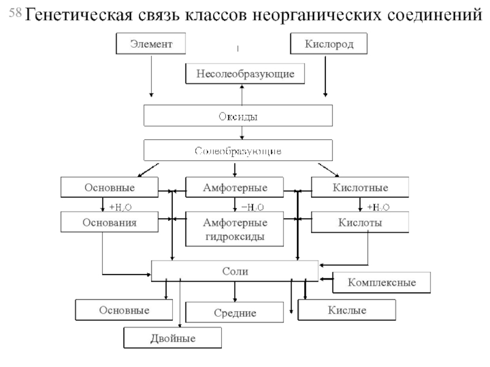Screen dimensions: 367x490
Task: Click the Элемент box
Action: pos(150,43)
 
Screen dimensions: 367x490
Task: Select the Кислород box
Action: pos(328,43)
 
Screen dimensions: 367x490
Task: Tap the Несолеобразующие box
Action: pos(245,74)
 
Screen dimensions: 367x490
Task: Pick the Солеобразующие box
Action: pos(238,150)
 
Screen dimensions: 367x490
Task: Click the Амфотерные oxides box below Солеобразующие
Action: pos(235,187)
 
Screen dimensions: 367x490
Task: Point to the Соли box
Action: pos(235,269)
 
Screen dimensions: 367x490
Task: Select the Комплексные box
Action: pos(382,283)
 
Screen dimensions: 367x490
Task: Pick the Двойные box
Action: pos(173,338)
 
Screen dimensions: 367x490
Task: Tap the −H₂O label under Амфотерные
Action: pos(252,207)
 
